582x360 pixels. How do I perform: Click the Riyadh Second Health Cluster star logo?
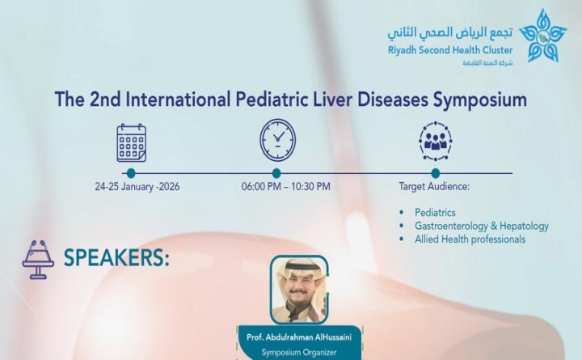tap(543, 36)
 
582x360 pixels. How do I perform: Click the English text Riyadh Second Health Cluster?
tap(450, 50)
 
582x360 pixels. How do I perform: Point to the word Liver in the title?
tap(326, 100)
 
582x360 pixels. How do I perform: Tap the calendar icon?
tap(131, 142)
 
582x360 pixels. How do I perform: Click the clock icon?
tap(277, 140)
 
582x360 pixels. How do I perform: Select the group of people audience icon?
tap(436, 141)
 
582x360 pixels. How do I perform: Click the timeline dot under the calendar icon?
tap(131, 173)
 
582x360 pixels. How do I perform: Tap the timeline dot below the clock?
tap(276, 173)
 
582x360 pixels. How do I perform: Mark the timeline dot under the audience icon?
tap(436, 173)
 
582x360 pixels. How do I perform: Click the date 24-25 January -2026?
tap(137, 187)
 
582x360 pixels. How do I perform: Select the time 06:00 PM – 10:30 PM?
tap(285, 187)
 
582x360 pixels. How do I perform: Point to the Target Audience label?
tap(434, 187)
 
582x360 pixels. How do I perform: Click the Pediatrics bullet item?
tap(435, 213)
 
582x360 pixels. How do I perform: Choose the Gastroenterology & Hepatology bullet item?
tap(481, 226)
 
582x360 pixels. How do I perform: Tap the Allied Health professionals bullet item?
tap(470, 239)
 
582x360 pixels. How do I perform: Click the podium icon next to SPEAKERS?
tap(38, 259)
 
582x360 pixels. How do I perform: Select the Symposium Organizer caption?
tap(299, 352)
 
